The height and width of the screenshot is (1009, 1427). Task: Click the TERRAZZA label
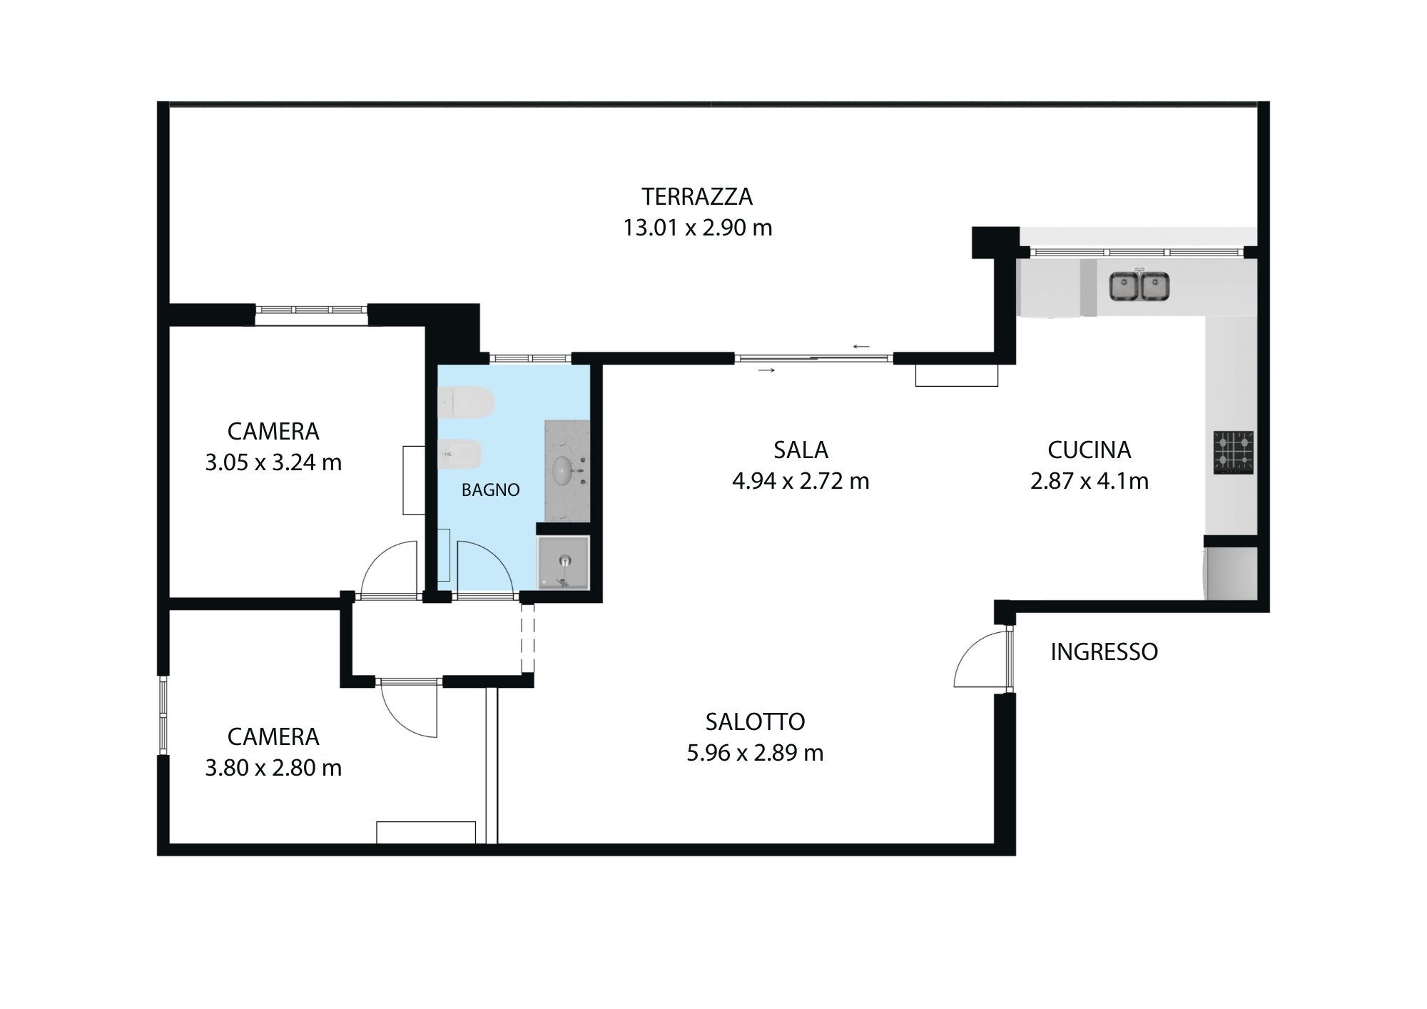click(x=697, y=196)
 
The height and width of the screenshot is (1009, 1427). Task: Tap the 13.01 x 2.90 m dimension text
click(x=697, y=228)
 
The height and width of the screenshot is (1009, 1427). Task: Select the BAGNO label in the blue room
click(x=491, y=490)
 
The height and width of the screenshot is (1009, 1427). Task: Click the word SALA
click(x=801, y=450)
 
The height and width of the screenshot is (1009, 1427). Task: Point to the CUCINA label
click(x=1090, y=450)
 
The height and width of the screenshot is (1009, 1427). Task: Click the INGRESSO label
click(x=1104, y=651)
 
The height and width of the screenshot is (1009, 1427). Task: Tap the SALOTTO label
click(x=755, y=722)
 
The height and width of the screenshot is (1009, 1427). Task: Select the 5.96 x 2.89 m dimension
click(x=755, y=753)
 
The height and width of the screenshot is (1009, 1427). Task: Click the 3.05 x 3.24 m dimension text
click(x=273, y=462)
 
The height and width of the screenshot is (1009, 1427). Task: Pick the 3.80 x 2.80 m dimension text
click(x=273, y=768)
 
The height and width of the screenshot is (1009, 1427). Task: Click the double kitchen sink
click(x=1139, y=285)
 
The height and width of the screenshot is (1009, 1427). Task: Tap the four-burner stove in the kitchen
click(x=1234, y=452)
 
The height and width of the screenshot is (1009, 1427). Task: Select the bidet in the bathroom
click(x=460, y=454)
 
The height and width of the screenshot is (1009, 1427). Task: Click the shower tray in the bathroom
click(x=564, y=562)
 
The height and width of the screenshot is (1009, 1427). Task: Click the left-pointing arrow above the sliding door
click(x=861, y=347)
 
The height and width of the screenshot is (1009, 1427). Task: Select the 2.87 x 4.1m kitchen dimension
click(x=1090, y=481)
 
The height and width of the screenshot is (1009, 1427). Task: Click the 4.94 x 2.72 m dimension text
click(x=801, y=481)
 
